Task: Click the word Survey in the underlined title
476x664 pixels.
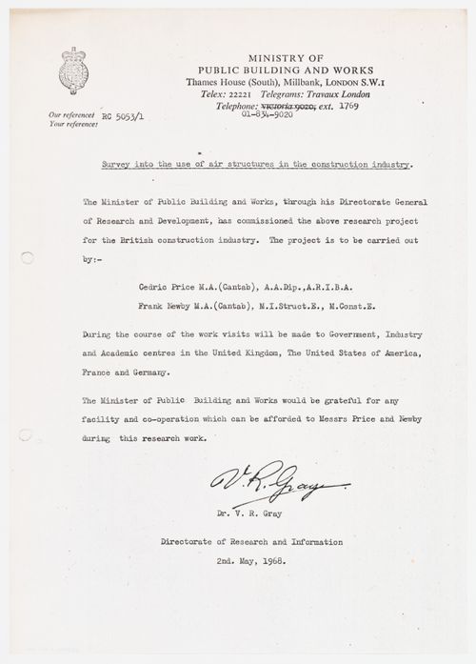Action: (x=119, y=163)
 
